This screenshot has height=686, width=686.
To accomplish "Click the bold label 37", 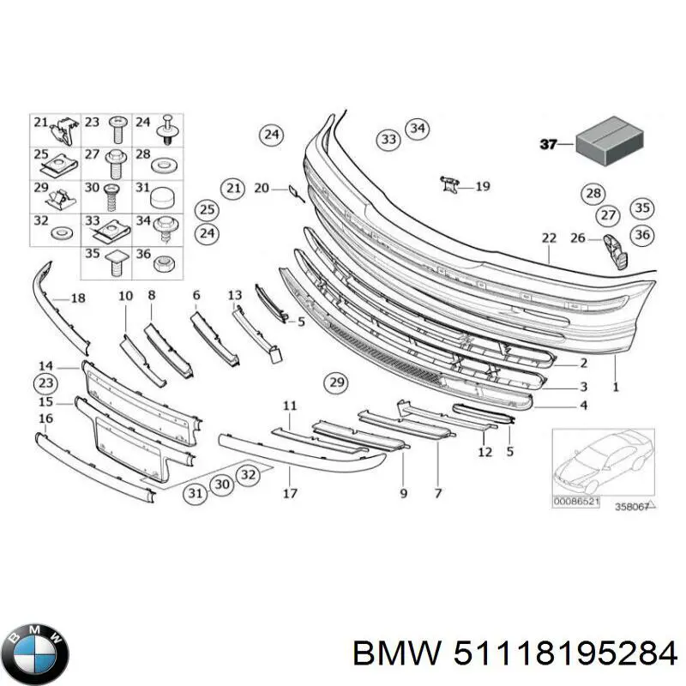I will pyautogui.click(x=549, y=144).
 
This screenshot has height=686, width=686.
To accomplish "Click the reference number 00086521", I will pyautogui.click(x=576, y=500).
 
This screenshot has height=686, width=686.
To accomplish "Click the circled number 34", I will pyautogui.click(x=417, y=129).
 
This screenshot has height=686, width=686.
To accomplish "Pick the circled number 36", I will pyautogui.click(x=641, y=233).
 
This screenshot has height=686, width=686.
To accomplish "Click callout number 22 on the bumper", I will pyautogui.click(x=549, y=238).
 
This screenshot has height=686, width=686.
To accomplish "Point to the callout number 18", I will pyautogui.click(x=78, y=298).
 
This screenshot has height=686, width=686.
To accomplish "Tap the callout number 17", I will pyautogui.click(x=291, y=493).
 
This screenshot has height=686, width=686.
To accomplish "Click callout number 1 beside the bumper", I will pyautogui.click(x=615, y=388).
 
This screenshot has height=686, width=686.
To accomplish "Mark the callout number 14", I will pyautogui.click(x=45, y=366).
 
